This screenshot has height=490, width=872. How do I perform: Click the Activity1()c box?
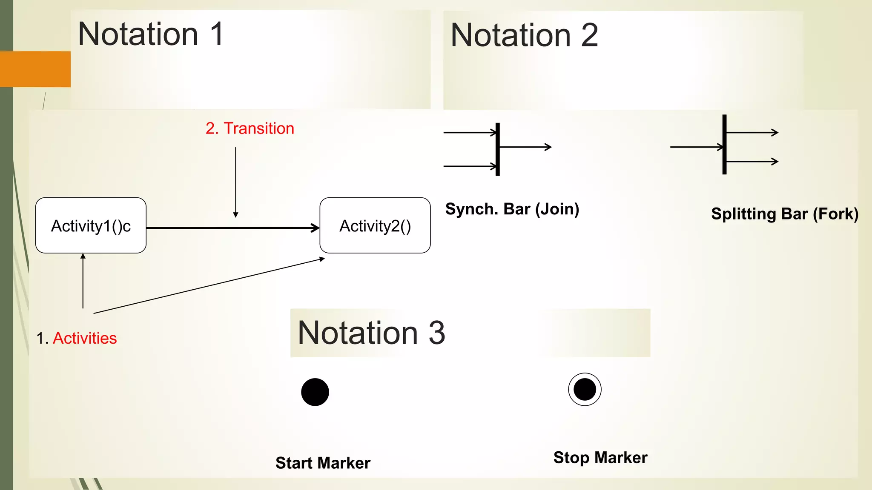pos(91,225)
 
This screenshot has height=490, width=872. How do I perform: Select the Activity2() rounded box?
pos(375,225)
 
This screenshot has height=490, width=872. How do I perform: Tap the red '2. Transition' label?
pos(250,128)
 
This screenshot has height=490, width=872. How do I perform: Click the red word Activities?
pos(85,338)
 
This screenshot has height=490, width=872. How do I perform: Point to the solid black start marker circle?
pos(315,392)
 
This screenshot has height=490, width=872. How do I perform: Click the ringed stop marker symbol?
pos(585,389)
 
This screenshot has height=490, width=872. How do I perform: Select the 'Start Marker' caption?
pos(323,463)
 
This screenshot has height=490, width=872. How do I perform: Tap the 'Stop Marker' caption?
pos(600,458)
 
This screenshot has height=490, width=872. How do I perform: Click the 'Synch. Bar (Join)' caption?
pos(512,209)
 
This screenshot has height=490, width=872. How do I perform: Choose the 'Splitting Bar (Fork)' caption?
pos(784,214)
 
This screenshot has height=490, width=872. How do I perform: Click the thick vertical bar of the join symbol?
pos(497,149)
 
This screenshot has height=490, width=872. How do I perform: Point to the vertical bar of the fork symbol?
pos(724,145)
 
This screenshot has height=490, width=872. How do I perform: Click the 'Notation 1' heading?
pos(151,34)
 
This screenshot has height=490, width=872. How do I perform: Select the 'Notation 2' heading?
pos(524,35)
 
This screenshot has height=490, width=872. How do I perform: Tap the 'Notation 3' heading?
pos(371,333)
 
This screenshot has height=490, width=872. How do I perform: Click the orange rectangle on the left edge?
pos(35,69)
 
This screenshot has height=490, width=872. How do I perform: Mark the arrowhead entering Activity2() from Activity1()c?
pos(316,228)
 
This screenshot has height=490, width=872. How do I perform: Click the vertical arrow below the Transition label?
pos(235,182)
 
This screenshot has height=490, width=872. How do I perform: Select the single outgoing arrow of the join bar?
pos(526,147)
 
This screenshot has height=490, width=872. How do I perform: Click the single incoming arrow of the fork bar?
pos(696,147)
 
